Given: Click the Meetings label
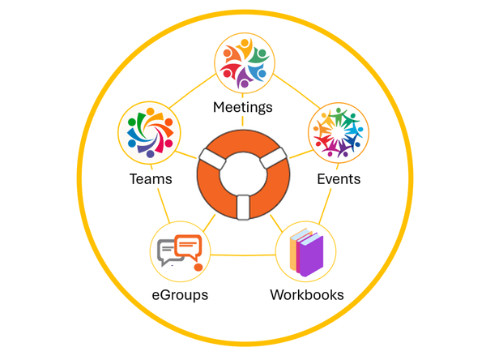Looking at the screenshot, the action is (x=243, y=108).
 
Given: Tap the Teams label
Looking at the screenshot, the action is (x=151, y=179).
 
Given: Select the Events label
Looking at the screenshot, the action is (x=339, y=179).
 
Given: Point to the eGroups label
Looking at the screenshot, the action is (x=180, y=295).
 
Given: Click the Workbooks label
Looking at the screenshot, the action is (x=307, y=295).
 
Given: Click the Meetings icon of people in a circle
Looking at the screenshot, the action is (x=245, y=63).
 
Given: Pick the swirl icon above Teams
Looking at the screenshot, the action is (x=151, y=132).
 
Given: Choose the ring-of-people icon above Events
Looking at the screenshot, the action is (x=338, y=132).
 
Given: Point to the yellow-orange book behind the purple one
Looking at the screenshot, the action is (x=293, y=250).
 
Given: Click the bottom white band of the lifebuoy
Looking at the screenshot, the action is (x=243, y=207).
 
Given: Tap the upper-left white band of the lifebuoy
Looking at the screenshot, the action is (x=213, y=159).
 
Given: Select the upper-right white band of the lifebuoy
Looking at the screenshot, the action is (x=274, y=158).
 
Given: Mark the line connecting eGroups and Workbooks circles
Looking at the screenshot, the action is (x=243, y=255).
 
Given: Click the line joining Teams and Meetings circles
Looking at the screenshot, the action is (x=193, y=91).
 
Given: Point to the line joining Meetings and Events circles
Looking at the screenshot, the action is (x=296, y=91).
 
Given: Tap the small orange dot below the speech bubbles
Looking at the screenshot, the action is (x=198, y=268).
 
